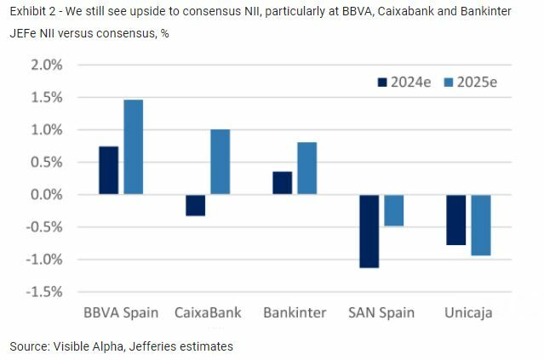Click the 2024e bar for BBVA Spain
pyautogui.click(x=108, y=170)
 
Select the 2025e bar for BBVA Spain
pyautogui.click(x=133, y=147)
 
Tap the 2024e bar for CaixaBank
pyautogui.click(x=195, y=205)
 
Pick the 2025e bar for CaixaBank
pyautogui.click(x=220, y=163)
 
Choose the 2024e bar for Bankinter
pyautogui.click(x=282, y=183)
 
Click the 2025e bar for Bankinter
pyautogui.click(x=306, y=169)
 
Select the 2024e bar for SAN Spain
pyautogui.click(x=369, y=231)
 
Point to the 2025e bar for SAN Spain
pyautogui.click(x=393, y=210)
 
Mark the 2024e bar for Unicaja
pyautogui.click(x=456, y=220)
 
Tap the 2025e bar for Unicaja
pyautogui.click(x=481, y=225)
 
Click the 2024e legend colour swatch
pyautogui.click(x=382, y=82)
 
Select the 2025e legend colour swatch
pyautogui.click(x=448, y=82)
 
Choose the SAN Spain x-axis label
pyautogui.click(x=381, y=312)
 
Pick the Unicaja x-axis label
pyautogui.click(x=468, y=312)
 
